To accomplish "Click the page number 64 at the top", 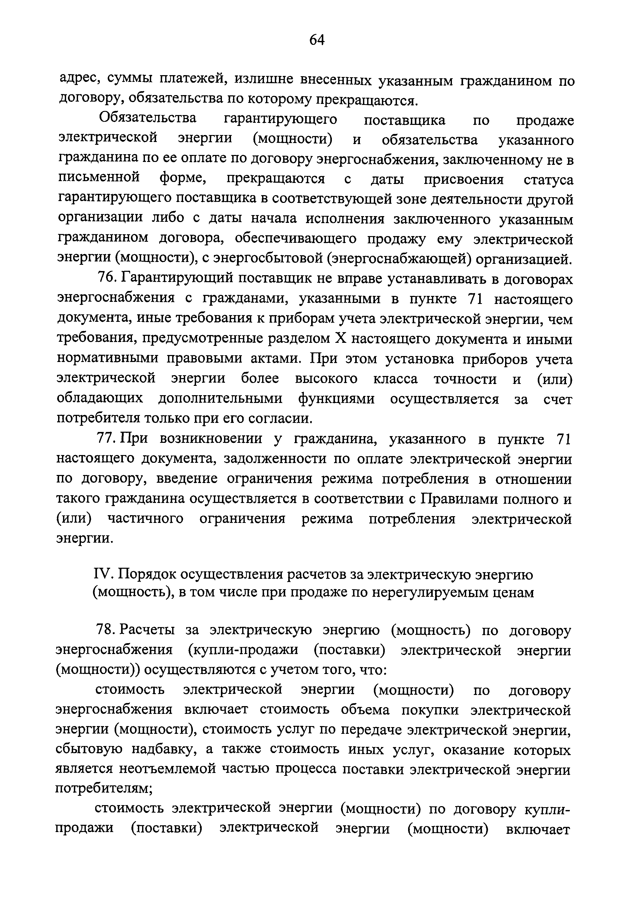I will click(x=317, y=40).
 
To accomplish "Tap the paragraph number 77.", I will click(x=106, y=439).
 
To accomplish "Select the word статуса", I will click(x=548, y=180).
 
